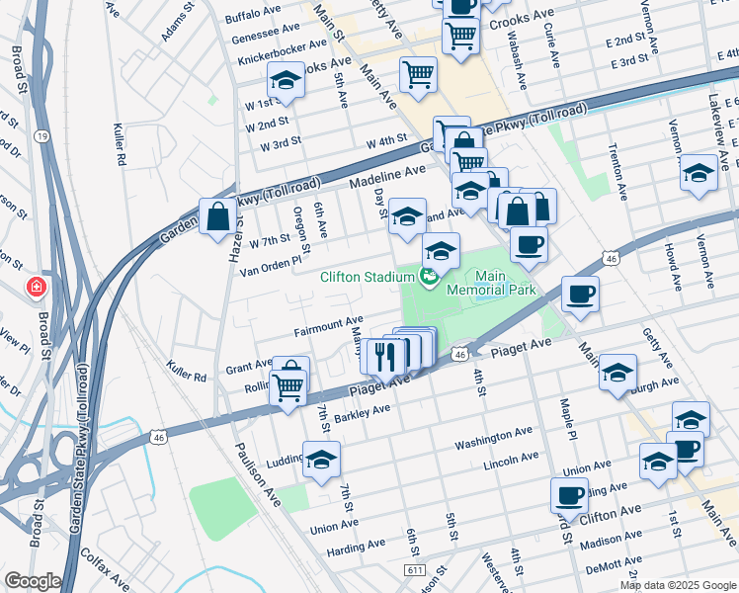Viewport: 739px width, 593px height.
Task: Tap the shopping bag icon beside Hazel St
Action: coord(217,216)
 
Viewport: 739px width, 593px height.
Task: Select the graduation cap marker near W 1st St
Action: coord(286,81)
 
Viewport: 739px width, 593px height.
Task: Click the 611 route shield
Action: coord(415,571)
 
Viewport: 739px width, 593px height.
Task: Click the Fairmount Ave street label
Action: coord(328,322)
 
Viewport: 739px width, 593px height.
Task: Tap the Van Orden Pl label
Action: coord(270,269)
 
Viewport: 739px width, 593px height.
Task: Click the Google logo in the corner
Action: coord(33,581)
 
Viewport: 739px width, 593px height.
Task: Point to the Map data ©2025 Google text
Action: coord(678,585)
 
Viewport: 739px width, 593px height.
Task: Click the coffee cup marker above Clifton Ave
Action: coord(569,496)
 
